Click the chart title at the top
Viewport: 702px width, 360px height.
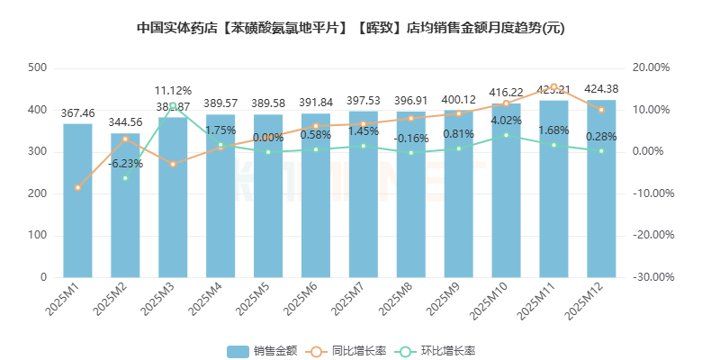pyautogui.click(x=351, y=28)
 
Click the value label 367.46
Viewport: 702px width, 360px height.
pyautogui.click(x=77, y=113)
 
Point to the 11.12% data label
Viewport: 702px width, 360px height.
pyautogui.click(x=173, y=90)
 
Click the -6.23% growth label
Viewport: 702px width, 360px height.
pyautogui.click(x=125, y=164)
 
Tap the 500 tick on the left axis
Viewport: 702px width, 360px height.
pyautogui.click(x=38, y=68)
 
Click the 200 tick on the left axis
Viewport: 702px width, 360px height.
pyautogui.click(x=38, y=193)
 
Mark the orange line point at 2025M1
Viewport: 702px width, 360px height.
pyautogui.click(x=77, y=187)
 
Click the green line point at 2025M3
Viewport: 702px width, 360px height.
pyautogui.click(x=173, y=105)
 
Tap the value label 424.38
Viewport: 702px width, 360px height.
pyautogui.click(x=601, y=89)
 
